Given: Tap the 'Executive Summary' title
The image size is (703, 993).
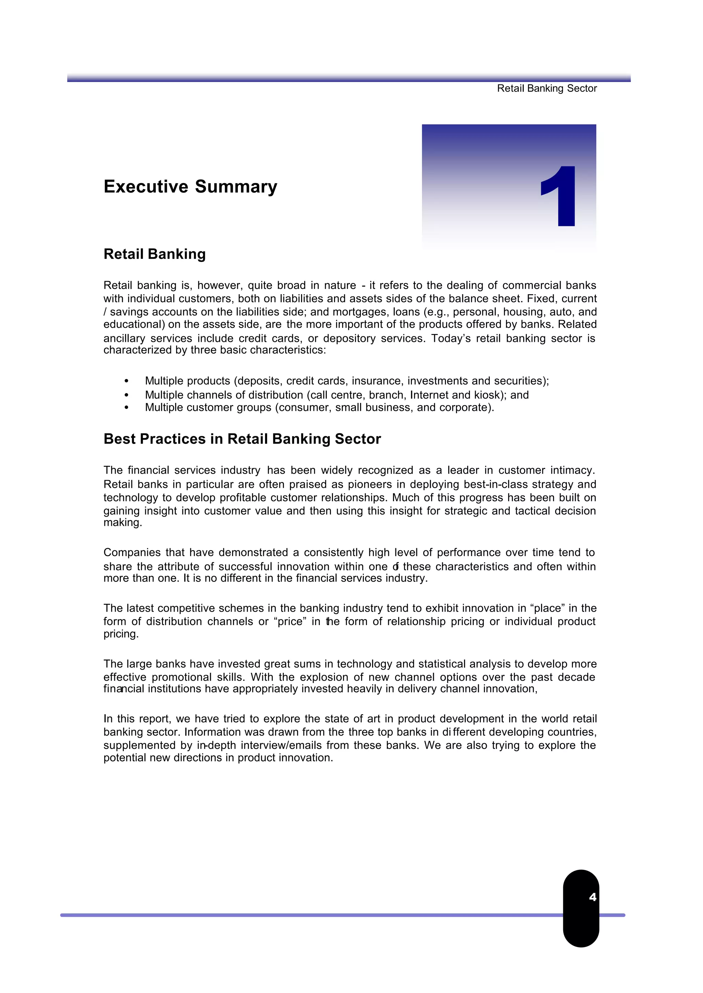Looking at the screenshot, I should coord(190,187).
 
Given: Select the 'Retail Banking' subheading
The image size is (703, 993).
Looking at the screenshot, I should coord(154,254).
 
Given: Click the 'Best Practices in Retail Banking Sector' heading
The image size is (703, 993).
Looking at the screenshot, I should coord(242,439).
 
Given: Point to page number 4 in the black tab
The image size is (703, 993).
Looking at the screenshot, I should coord(592,897).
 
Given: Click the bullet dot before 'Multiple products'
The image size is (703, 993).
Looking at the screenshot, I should coord(126,381).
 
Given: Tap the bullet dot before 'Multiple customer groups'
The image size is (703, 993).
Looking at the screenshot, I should coord(126,408).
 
